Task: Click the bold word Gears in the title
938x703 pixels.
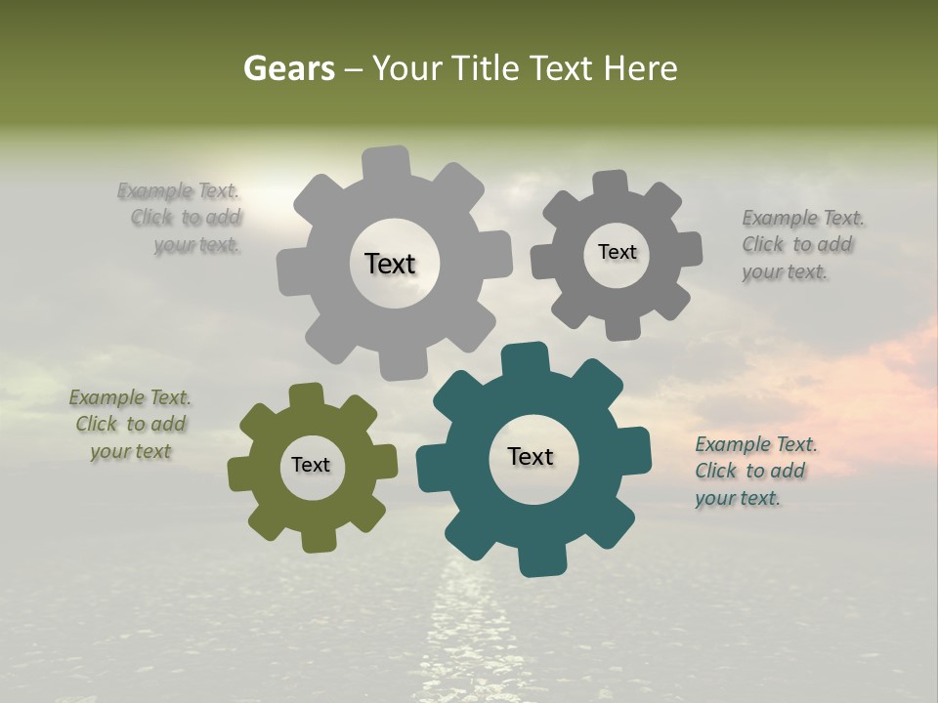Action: pos(288,68)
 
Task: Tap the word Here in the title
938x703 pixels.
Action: pos(640,68)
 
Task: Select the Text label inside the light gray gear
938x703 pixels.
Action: pos(390,264)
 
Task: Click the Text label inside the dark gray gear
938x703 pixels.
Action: pos(617,252)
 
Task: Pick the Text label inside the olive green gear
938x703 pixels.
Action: pos(311,465)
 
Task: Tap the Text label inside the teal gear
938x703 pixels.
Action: pos(531,456)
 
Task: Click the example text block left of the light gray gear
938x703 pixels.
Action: pos(180,218)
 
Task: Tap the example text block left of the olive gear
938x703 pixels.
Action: pos(130,424)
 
